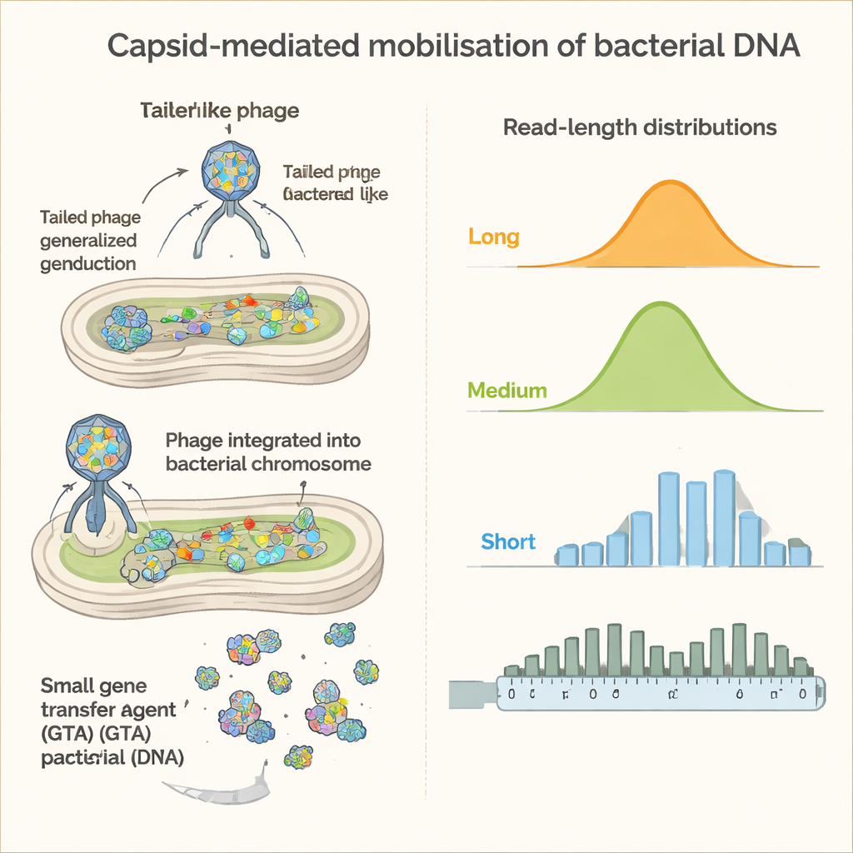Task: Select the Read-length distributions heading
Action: [640, 128]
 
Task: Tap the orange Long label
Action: [494, 237]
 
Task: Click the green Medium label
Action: [507, 390]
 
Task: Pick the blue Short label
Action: [508, 541]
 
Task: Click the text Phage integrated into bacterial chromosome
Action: [268, 451]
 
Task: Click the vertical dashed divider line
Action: [426, 417]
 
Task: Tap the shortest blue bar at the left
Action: [567, 554]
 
